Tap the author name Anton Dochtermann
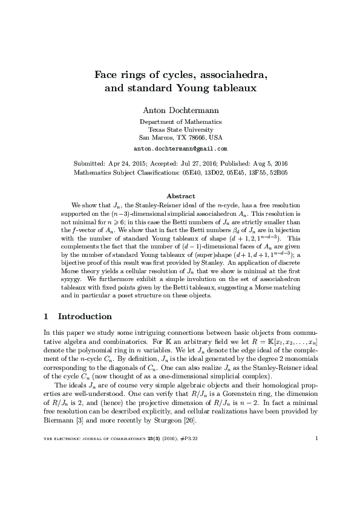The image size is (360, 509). pyautogui.click(x=180, y=110)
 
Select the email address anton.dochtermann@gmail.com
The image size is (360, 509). pyautogui.click(x=180, y=148)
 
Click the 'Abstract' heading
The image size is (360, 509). pyautogui.click(x=180, y=196)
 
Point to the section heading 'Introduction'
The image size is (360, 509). pyautogui.click(x=84, y=316)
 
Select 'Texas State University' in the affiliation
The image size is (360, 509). pyautogui.click(x=180, y=129)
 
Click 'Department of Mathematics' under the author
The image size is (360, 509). pyautogui.click(x=180, y=122)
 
